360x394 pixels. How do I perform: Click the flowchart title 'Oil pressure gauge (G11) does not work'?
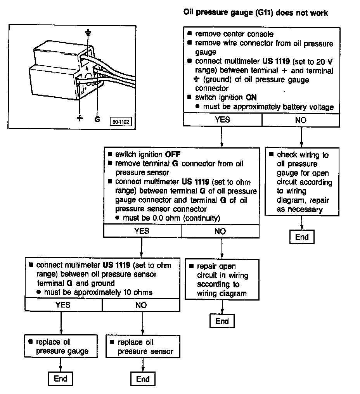(x=255, y=13)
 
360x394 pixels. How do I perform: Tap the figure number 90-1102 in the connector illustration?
(x=121, y=122)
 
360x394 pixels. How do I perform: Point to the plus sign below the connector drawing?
(x=80, y=118)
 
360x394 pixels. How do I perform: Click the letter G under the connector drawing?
(x=97, y=119)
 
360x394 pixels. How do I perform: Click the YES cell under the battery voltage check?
(x=222, y=120)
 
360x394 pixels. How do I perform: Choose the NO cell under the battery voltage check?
(x=301, y=120)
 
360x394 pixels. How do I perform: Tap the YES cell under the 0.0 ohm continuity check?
(x=142, y=231)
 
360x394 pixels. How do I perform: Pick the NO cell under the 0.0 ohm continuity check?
(x=220, y=231)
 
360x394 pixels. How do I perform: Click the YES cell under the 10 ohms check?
(x=63, y=305)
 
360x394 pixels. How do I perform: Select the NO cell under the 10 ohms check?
(x=141, y=305)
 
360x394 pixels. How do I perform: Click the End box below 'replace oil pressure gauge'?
(x=61, y=378)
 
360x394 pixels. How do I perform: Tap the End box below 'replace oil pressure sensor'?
(x=143, y=378)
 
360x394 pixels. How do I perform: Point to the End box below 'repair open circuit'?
(x=222, y=321)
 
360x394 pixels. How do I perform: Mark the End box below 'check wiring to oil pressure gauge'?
(x=302, y=237)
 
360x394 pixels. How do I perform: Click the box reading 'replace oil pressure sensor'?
(x=143, y=347)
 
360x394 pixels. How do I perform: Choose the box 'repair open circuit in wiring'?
(x=222, y=280)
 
